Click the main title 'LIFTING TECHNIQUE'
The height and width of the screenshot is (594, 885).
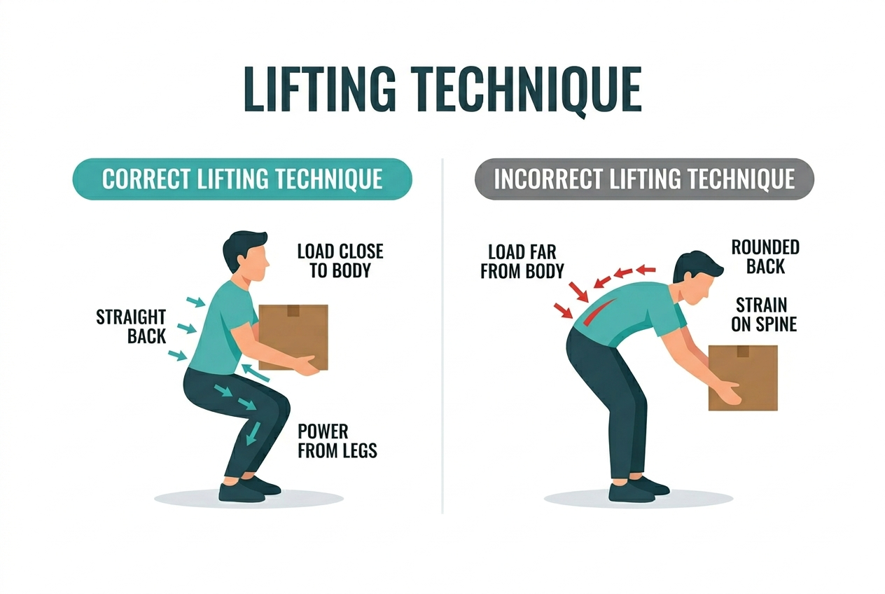pos(442,89)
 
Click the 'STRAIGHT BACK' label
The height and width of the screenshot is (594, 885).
pos(131,326)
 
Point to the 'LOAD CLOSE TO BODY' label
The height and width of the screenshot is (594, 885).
pos(340,261)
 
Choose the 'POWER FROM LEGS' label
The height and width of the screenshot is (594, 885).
pos(337,441)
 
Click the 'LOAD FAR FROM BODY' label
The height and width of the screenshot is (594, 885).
pos(522,261)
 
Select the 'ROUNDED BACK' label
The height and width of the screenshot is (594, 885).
pos(765,256)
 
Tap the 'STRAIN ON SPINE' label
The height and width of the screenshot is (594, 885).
pos(764,315)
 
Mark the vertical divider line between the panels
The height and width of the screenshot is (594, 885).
pos(442,336)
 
